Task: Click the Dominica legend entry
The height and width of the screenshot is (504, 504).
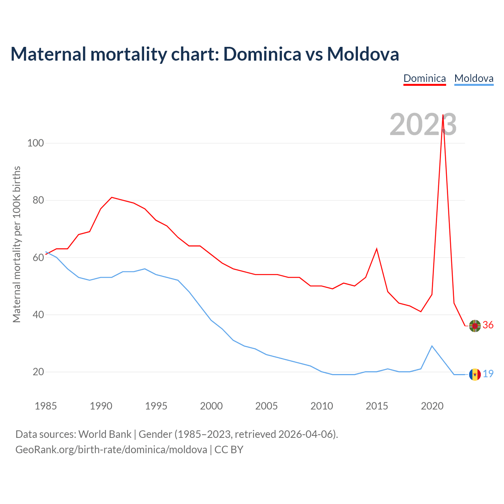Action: pyautogui.click(x=424, y=78)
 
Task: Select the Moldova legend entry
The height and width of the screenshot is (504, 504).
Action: pyautogui.click(x=474, y=78)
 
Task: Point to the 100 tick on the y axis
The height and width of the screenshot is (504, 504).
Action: pyautogui.click(x=35, y=143)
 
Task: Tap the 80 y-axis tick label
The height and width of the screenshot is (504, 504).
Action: pyautogui.click(x=38, y=200)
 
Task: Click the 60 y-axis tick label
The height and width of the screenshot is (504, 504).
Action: pyautogui.click(x=38, y=258)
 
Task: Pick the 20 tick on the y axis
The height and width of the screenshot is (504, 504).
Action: pyautogui.click(x=38, y=372)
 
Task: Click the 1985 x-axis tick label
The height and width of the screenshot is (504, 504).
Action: pyautogui.click(x=46, y=406)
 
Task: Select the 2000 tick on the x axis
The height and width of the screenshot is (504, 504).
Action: pyautogui.click(x=211, y=406)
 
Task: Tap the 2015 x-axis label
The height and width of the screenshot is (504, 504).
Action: pyautogui.click(x=377, y=406)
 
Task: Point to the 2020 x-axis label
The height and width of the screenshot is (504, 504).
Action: pyautogui.click(x=432, y=406)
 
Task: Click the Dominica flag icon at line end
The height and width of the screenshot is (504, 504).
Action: pyautogui.click(x=475, y=326)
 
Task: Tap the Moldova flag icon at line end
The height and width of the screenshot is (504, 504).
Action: pyautogui.click(x=475, y=374)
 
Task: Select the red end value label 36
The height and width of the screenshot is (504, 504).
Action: pyautogui.click(x=488, y=325)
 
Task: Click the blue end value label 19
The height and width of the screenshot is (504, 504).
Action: pyautogui.click(x=488, y=374)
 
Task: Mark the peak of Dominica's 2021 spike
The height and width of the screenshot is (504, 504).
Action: pyautogui.click(x=443, y=115)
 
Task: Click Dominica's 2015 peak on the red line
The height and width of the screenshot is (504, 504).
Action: pyautogui.click(x=377, y=249)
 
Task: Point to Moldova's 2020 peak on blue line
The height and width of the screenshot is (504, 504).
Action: pyautogui.click(x=432, y=346)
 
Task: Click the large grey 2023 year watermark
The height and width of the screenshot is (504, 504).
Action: pyautogui.click(x=423, y=124)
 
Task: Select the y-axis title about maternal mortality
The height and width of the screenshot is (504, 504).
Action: pyautogui.click(x=17, y=244)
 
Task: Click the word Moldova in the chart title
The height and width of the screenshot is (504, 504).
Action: pyautogui.click(x=363, y=54)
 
